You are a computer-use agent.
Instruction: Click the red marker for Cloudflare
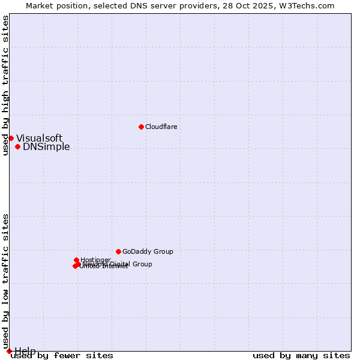(x=141, y=127)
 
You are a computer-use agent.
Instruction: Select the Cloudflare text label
(x=161, y=127)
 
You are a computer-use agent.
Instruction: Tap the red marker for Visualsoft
(x=11, y=138)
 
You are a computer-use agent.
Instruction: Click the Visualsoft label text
(x=39, y=139)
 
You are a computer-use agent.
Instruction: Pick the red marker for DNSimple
(x=17, y=146)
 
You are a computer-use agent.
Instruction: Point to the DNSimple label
(x=46, y=147)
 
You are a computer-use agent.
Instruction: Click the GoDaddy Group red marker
(x=118, y=251)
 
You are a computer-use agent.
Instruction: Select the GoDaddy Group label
(x=148, y=251)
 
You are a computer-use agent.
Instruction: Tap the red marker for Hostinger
(x=76, y=260)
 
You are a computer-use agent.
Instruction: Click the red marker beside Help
(x=8, y=351)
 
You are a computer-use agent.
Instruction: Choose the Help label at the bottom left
(x=25, y=351)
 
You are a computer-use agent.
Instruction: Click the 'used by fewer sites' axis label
(x=62, y=356)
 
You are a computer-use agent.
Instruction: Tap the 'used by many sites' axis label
(x=301, y=356)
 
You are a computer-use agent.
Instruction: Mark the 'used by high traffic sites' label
(x=5, y=85)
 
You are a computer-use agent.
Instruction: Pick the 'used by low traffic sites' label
(x=5, y=281)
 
